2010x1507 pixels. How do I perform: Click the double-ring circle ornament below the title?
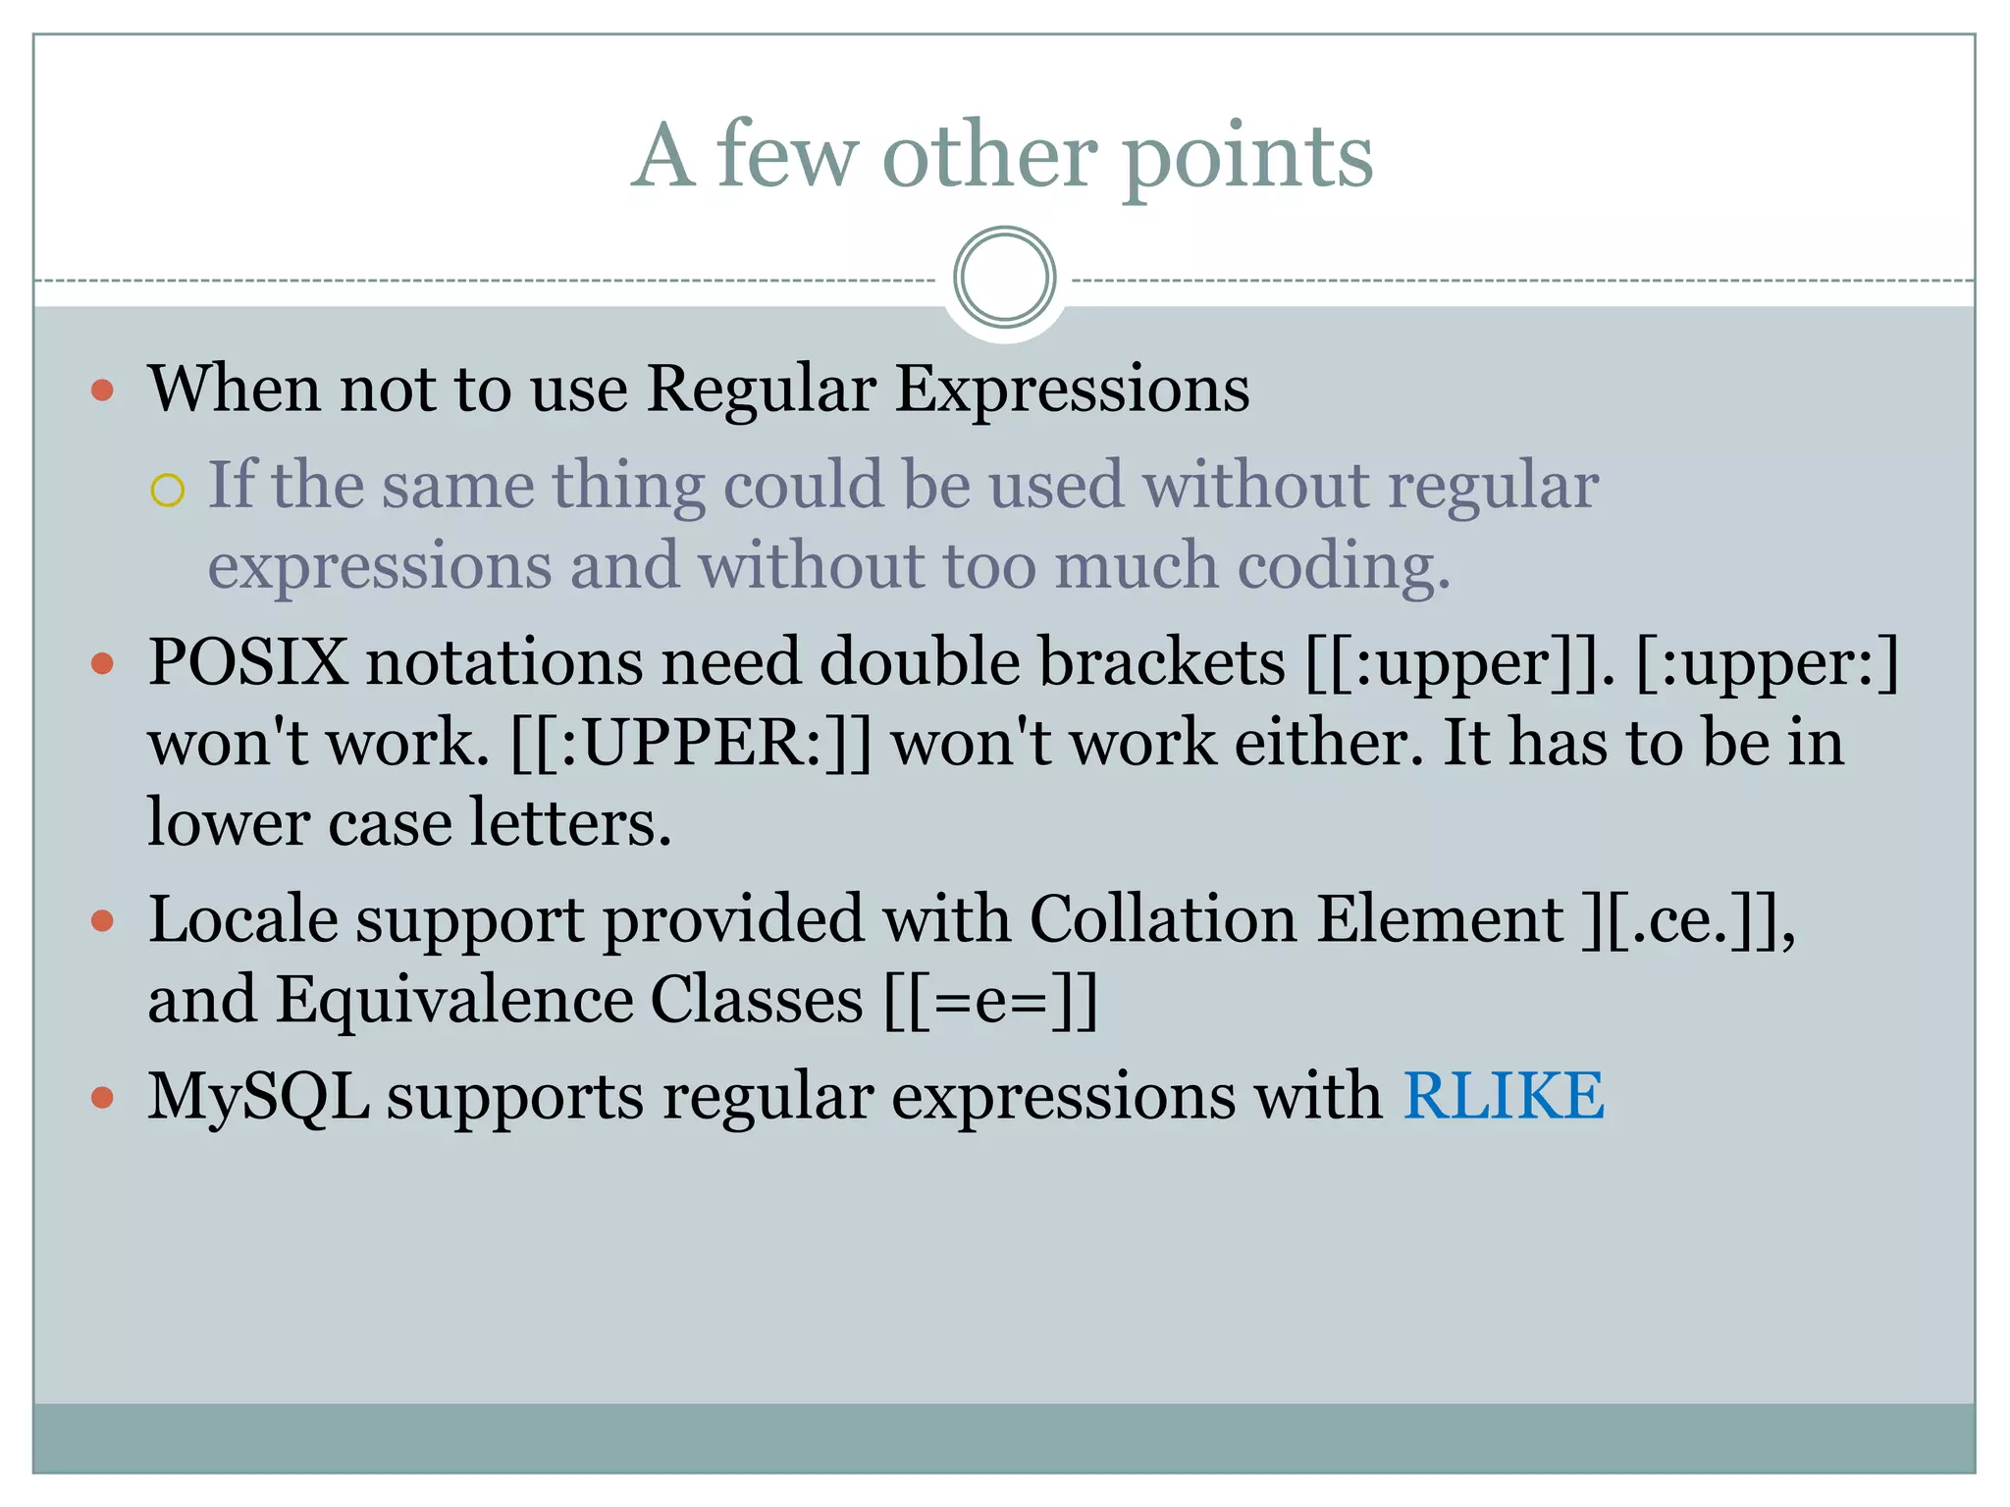click(1004, 277)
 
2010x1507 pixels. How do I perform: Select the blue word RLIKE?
click(1503, 1095)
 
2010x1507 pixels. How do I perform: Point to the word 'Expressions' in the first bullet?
click(1073, 390)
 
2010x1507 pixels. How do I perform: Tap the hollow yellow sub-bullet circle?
click(168, 490)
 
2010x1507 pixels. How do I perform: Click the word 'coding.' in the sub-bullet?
click(1343, 567)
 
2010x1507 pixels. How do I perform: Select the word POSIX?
click(247, 662)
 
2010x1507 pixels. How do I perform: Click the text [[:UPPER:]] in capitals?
click(691, 743)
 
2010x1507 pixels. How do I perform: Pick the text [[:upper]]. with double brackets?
click(1459, 662)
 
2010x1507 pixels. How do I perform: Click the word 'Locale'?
click(243, 920)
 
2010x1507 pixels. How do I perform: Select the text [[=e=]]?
click(990, 1001)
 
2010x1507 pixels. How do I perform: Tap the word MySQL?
click(258, 1095)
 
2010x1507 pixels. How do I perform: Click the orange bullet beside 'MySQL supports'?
click(102, 1096)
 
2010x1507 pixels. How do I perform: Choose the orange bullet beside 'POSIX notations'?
click(102, 664)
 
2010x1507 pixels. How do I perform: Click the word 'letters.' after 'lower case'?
click(570, 822)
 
